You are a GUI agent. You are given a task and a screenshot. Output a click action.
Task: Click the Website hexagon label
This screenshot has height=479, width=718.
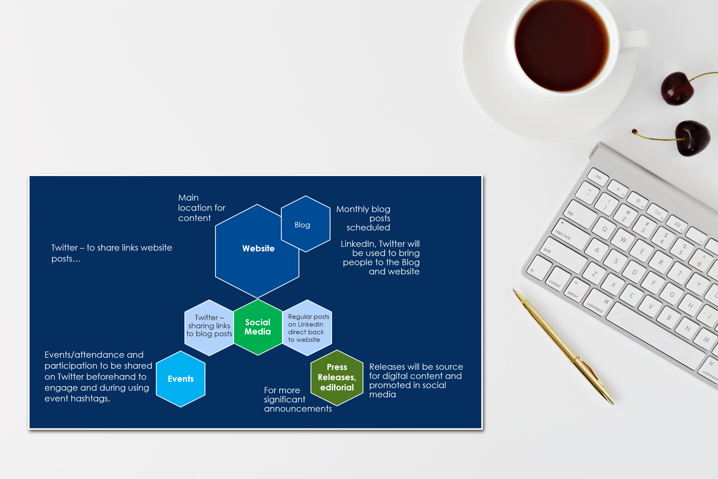point(258,248)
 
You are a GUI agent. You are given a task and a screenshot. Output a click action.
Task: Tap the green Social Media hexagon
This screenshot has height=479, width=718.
point(258,327)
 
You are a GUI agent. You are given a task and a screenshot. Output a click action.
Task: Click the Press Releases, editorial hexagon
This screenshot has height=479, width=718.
point(337,378)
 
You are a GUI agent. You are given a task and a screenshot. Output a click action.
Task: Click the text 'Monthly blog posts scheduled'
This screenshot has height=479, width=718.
point(363,218)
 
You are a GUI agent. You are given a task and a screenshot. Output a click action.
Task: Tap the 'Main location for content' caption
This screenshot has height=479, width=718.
point(201,208)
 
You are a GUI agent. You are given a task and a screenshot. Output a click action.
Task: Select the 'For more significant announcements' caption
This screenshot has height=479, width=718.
point(298,399)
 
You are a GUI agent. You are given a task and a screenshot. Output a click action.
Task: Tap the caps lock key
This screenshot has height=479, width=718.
point(570,234)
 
